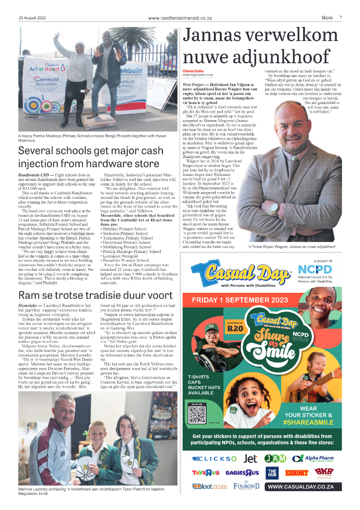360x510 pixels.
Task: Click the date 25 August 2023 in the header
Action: (x=32, y=17)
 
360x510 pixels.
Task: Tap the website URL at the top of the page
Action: (x=180, y=18)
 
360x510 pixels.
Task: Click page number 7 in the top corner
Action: (x=340, y=17)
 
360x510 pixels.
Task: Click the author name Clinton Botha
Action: (x=193, y=70)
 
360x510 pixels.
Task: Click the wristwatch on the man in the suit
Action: (x=274, y=208)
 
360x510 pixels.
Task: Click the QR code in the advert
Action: (x=198, y=414)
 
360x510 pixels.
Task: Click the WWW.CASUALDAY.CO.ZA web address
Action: (x=304, y=487)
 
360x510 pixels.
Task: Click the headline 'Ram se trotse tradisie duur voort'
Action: (x=95, y=296)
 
